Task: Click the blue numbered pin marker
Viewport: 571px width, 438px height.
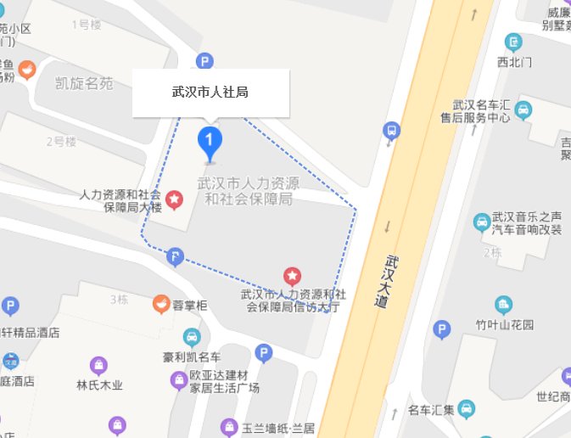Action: coord(210,140)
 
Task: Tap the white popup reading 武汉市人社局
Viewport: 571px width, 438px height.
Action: coord(210,92)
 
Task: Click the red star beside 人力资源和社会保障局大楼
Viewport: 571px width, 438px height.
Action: coord(174,199)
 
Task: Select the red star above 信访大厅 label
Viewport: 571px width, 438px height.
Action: coord(292,275)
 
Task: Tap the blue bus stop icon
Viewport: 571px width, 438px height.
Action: coord(390,131)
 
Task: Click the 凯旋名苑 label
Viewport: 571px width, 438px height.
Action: coord(84,84)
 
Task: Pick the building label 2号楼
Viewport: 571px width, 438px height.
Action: coord(61,140)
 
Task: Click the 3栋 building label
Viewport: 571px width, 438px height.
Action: coord(118,299)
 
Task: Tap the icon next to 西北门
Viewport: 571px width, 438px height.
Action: coord(512,41)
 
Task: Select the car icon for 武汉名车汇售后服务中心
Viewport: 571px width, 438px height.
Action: coord(523,109)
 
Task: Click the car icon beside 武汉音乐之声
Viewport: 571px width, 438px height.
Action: coord(481,222)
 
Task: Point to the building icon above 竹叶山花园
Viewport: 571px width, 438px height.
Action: coord(503,304)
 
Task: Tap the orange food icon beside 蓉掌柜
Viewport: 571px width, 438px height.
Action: coord(160,302)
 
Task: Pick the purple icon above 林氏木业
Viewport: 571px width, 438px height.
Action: coord(99,365)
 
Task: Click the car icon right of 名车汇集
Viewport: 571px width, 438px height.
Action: coord(466,409)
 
